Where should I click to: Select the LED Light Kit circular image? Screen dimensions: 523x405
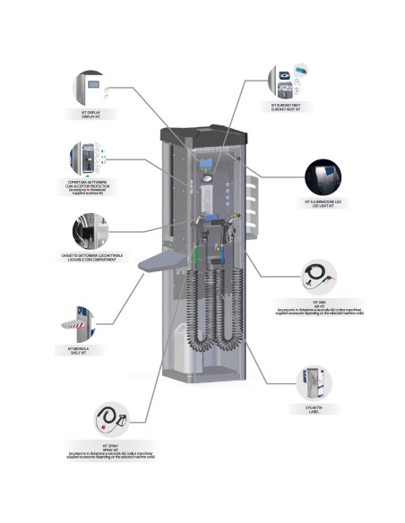pos(326,177)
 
